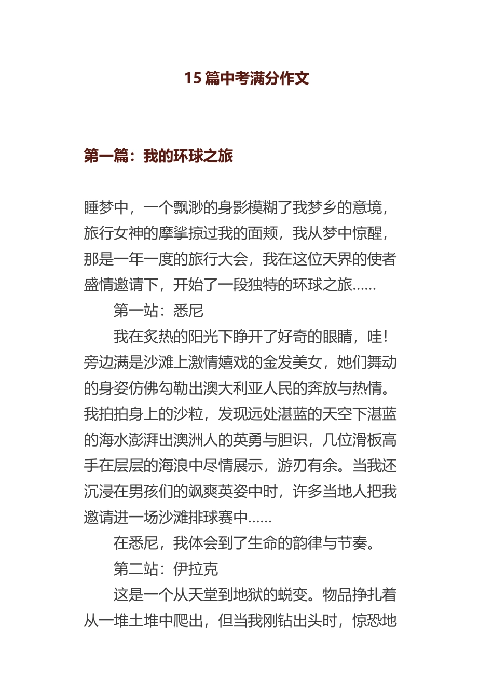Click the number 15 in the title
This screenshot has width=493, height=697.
tap(193, 78)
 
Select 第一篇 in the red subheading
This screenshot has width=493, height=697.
tap(106, 156)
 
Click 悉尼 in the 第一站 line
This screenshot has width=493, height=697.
tap(188, 311)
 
